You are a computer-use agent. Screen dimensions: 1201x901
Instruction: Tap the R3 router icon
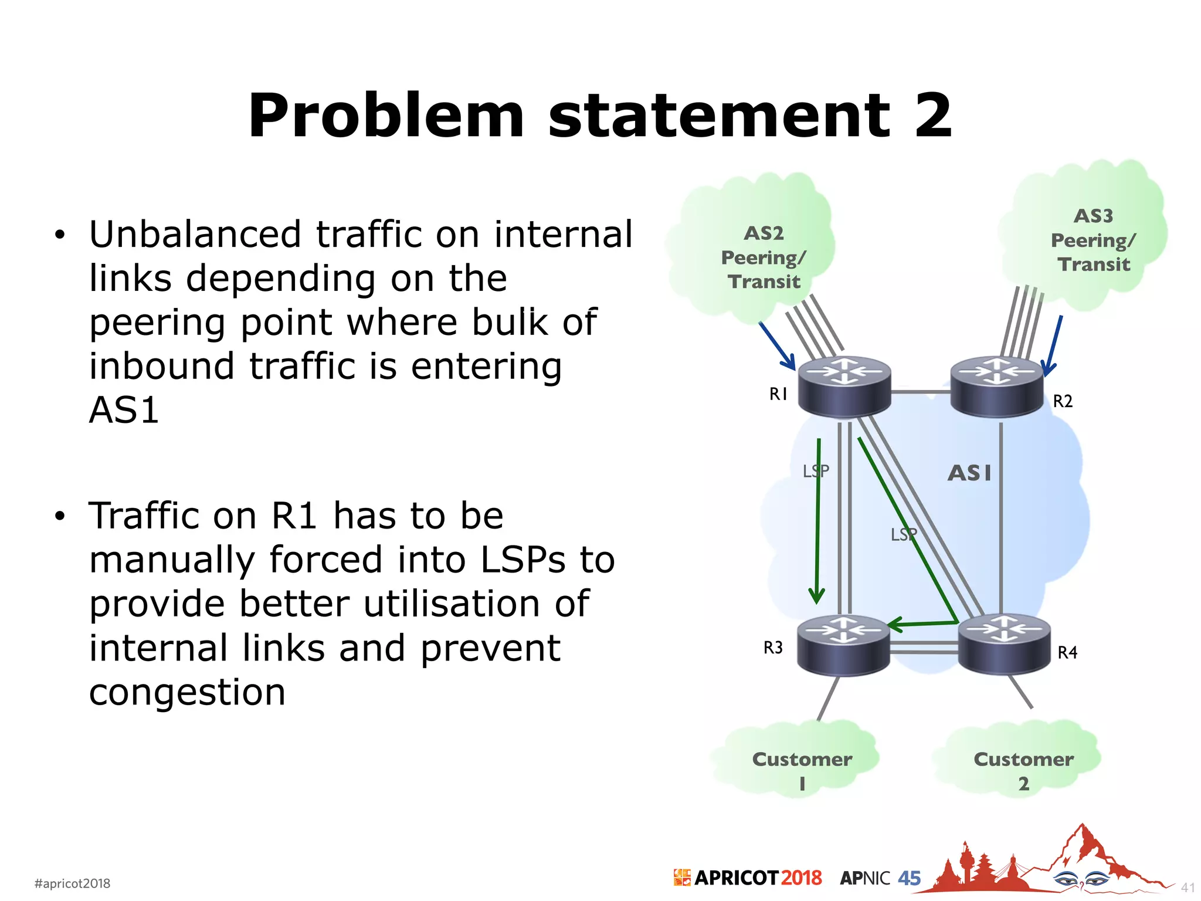click(843, 645)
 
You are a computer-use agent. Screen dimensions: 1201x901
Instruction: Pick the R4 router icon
click(1004, 644)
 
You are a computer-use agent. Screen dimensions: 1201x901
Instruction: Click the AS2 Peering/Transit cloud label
click(764, 258)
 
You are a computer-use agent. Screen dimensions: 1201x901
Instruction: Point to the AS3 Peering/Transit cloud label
click(1093, 240)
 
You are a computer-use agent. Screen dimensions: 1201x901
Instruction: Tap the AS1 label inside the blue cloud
click(969, 473)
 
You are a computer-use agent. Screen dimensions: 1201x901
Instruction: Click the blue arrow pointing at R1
click(777, 346)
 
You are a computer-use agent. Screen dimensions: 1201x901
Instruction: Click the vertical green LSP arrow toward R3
click(817, 522)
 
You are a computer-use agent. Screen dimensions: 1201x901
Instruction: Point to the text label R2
click(1063, 401)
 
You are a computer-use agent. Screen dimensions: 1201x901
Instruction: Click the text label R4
click(1067, 652)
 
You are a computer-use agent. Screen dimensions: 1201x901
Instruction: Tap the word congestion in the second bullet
click(187, 692)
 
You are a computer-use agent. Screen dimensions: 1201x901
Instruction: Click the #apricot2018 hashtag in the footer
click(73, 883)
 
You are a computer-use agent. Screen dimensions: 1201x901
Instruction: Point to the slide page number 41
click(1187, 888)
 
